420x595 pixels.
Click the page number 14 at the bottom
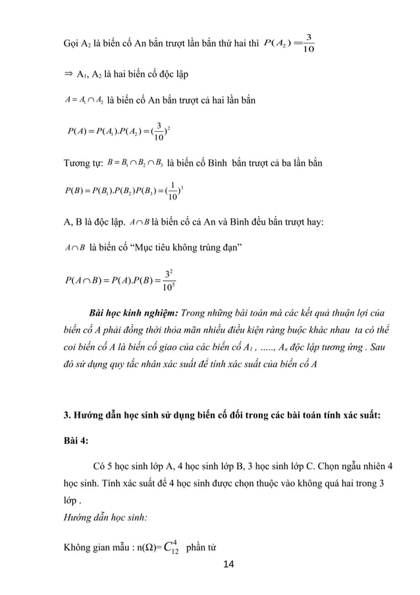[228, 564]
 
